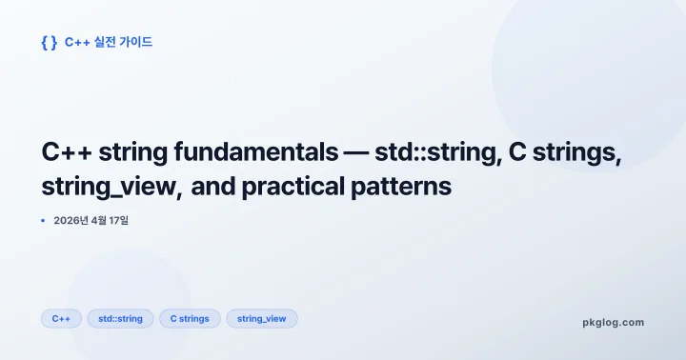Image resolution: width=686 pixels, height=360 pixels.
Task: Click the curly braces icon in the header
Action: pos(49,42)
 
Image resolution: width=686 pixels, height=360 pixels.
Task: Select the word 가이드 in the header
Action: pos(135,42)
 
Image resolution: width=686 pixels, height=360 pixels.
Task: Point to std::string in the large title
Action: pos(437,153)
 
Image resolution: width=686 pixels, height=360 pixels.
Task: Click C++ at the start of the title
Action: pos(66,153)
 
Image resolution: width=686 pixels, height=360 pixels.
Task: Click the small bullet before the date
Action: pos(43,221)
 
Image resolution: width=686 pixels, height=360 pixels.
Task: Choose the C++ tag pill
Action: pos(61,319)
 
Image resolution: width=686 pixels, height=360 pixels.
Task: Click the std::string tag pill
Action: pos(120,319)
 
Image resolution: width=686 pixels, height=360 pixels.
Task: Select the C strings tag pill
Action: pos(190,319)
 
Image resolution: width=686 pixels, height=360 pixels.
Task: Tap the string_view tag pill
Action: pos(261,319)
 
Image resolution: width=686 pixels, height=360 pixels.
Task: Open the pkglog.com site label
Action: pos(613,322)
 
